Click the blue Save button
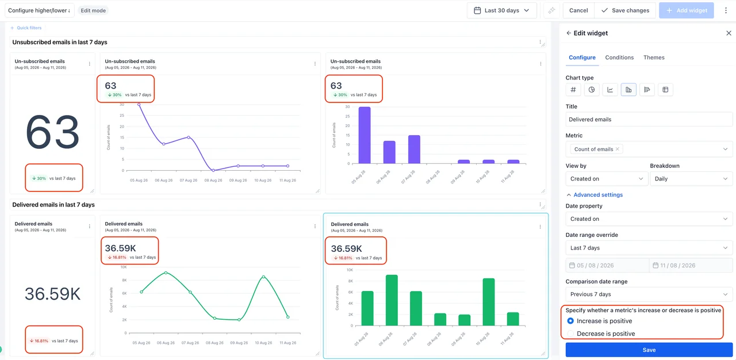649,350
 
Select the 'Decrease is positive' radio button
570,334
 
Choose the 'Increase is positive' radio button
570,321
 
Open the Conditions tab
619,58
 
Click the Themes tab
654,58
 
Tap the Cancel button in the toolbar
578,10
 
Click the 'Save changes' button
625,10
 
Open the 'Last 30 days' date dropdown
502,10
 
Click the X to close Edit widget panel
729,33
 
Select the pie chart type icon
592,90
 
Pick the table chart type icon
665,90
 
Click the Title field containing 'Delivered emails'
649,120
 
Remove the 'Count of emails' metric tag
618,149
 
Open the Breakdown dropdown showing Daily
691,179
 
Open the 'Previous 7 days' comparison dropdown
649,294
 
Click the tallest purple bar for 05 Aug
365,135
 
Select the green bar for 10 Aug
489,302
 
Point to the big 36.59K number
52,294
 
